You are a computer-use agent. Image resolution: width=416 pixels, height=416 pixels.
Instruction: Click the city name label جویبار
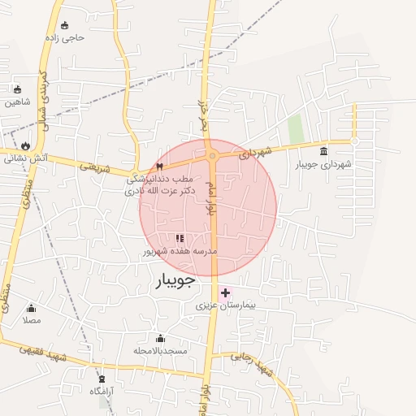(x=174, y=281)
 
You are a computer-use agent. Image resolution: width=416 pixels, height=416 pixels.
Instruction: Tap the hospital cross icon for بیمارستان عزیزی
(x=225, y=292)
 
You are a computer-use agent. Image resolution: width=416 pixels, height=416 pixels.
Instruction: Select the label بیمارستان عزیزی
(x=225, y=307)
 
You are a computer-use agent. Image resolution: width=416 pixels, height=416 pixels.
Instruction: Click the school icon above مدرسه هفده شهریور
(x=180, y=238)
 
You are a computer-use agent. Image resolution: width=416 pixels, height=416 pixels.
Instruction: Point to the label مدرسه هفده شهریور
(x=180, y=252)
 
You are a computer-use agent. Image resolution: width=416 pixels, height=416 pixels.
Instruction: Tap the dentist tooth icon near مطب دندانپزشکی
(x=159, y=166)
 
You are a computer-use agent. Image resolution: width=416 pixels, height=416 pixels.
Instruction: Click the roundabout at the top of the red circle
(x=212, y=155)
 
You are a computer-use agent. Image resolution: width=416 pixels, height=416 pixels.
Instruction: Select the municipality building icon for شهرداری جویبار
(x=324, y=151)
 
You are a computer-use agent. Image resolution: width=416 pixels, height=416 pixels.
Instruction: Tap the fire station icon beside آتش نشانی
(x=25, y=146)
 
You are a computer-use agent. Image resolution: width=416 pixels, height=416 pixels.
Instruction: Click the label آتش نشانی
(x=25, y=158)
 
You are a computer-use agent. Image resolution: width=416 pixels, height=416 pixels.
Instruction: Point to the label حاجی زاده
(x=66, y=37)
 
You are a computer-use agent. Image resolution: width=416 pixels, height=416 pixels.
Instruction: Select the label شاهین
(x=17, y=102)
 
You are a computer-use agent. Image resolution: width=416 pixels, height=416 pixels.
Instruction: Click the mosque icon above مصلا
(x=31, y=308)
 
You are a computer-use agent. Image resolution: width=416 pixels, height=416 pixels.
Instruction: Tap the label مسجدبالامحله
(x=160, y=350)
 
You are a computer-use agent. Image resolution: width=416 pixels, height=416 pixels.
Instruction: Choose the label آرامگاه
(x=101, y=391)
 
